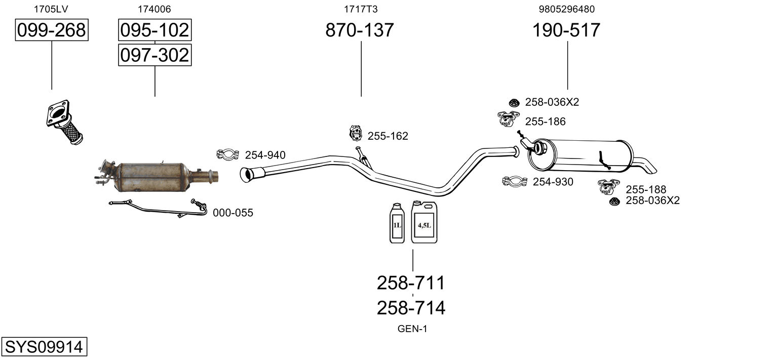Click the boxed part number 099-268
click(x=51, y=30)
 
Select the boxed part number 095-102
click(x=154, y=30)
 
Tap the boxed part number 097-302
click(x=154, y=55)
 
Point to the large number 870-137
click(x=359, y=30)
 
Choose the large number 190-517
click(x=566, y=30)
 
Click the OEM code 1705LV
click(x=51, y=9)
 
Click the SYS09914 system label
click(x=44, y=347)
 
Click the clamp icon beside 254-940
click(x=228, y=154)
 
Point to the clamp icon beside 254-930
click(x=515, y=181)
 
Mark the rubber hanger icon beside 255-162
click(x=356, y=134)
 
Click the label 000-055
click(x=232, y=213)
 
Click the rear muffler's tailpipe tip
click(x=650, y=166)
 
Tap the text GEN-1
click(x=412, y=329)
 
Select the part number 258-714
click(x=411, y=308)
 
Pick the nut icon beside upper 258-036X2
click(x=514, y=102)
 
